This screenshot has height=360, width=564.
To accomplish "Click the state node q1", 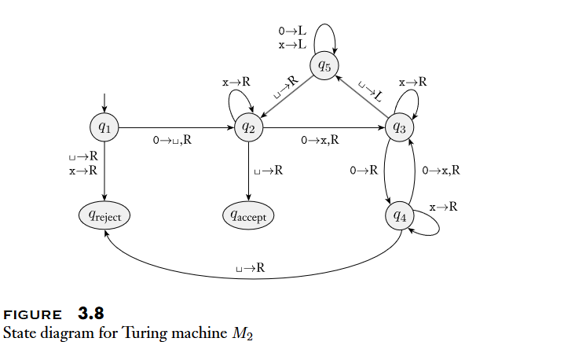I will click(x=104, y=127).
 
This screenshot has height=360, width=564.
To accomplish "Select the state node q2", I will click(x=248, y=127).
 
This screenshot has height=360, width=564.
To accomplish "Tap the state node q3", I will click(x=401, y=127).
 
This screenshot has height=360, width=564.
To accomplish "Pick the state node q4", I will click(x=401, y=215).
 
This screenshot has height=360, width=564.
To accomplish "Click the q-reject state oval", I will click(x=104, y=214).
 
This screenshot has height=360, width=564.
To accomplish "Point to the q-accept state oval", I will click(x=248, y=214).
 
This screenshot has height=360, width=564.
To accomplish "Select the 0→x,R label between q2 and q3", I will click(x=320, y=141).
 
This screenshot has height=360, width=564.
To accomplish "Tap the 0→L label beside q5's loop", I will click(x=292, y=31).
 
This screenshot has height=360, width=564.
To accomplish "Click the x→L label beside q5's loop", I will click(x=292, y=45).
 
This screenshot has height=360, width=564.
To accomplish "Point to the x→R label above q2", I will click(x=236, y=81).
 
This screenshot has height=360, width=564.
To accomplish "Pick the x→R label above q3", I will click(x=412, y=81).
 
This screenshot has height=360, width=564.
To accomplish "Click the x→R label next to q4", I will click(x=444, y=207).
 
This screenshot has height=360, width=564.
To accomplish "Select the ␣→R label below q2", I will click(x=269, y=170).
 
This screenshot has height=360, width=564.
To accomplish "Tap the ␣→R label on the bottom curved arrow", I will click(x=251, y=269).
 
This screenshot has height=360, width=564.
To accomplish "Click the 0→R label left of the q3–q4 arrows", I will click(x=364, y=170).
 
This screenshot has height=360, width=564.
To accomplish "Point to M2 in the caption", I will click(x=241, y=333).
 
